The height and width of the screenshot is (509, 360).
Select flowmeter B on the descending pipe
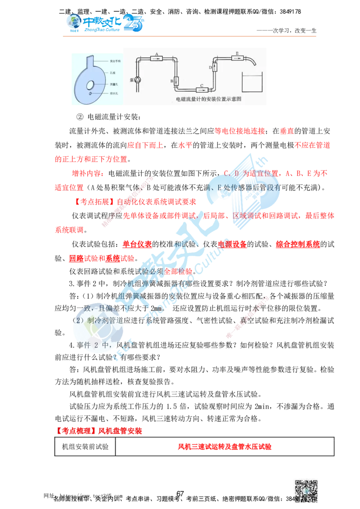pyautogui.click(x=176, y=81)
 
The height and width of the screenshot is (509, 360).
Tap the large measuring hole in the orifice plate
pyautogui.click(x=90, y=84)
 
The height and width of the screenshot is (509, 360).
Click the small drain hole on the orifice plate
pyautogui.click(x=90, y=94)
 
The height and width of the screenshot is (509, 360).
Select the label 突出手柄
pyautogui.click(x=115, y=60)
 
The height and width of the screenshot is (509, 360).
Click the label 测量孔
pyautogui.click(x=114, y=84)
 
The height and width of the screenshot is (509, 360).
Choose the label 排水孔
pyautogui.click(x=114, y=93)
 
